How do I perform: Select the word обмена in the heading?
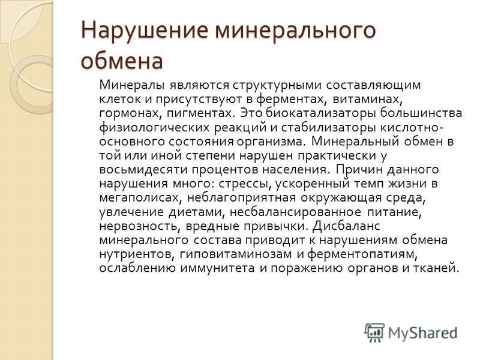[122, 61]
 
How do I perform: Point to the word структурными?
[277, 85]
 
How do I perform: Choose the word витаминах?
[367, 99]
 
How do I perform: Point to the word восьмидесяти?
[143, 170]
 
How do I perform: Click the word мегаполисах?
[139, 198]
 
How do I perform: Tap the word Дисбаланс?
[347, 226]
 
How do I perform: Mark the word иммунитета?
[217, 268]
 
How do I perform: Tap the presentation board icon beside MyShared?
[374, 332]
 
